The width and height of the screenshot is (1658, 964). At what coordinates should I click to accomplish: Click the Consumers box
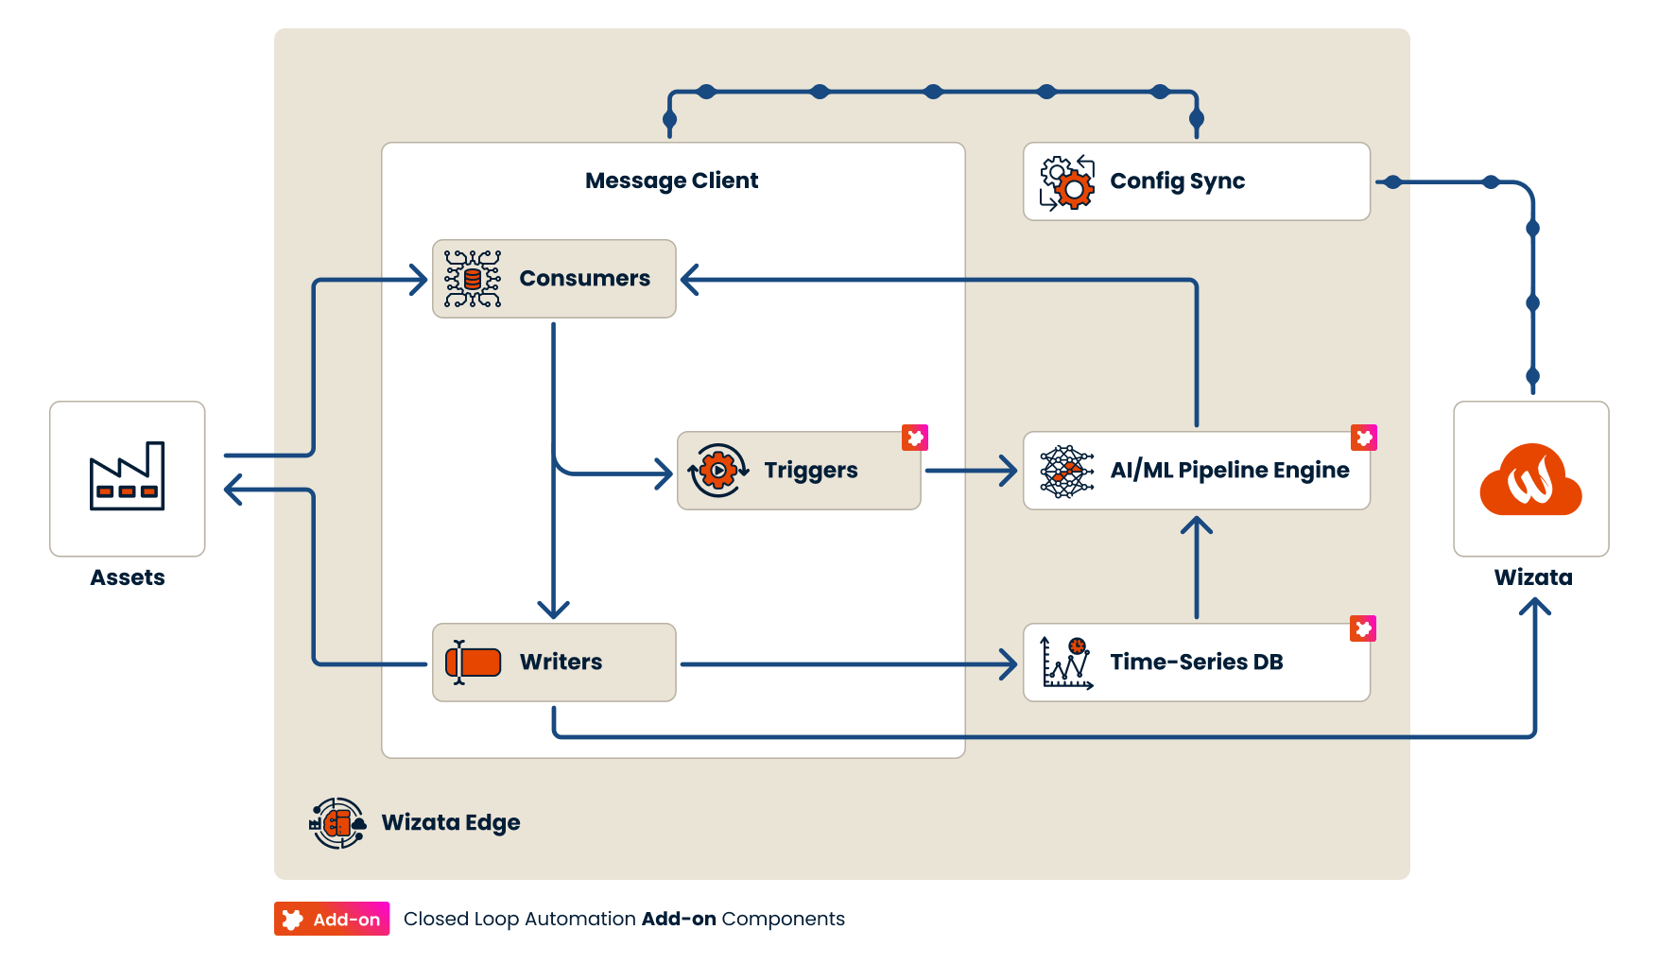point(554,279)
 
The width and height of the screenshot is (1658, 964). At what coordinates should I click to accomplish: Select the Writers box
point(554,663)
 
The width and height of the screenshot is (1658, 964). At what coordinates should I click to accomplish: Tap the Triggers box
point(799,471)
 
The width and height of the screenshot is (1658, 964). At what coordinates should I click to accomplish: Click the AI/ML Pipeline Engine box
point(1197,471)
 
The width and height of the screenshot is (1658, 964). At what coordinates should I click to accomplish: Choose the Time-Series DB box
point(1197,663)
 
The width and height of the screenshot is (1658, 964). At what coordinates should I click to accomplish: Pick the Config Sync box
point(1197,181)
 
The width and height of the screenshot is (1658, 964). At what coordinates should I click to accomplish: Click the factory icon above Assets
point(127,476)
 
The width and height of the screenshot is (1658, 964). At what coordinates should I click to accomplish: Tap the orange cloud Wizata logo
point(1530,479)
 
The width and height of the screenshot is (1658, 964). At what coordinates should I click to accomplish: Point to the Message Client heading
point(671,181)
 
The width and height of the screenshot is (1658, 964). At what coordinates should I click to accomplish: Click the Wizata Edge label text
point(451,822)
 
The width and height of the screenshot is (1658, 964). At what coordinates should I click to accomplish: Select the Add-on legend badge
point(332,919)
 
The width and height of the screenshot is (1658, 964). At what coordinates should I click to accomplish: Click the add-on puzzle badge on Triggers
point(915,438)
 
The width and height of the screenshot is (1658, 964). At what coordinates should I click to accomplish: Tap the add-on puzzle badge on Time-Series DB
point(1363,628)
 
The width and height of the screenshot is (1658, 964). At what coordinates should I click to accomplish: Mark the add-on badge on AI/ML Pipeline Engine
point(1364,438)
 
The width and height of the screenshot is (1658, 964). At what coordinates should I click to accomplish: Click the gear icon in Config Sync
point(1067,182)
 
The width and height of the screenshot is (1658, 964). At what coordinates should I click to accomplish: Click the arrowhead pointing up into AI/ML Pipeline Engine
point(1197,526)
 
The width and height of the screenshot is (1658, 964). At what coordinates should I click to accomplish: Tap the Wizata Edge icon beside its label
point(337,823)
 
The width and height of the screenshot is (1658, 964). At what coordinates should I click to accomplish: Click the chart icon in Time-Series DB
point(1067,663)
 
